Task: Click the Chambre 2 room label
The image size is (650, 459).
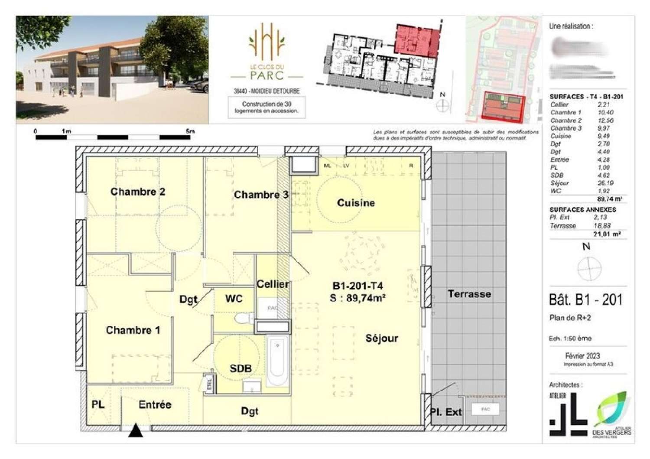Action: [138, 192]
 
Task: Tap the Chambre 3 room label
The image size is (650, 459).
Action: [261, 195]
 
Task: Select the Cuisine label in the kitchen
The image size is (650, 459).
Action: [356, 203]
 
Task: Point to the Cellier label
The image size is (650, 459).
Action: [273, 284]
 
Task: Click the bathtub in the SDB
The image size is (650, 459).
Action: [277, 361]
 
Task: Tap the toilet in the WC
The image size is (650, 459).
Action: [244, 319]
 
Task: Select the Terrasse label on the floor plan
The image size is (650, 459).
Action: [469, 294]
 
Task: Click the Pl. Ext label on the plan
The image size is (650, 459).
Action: [446, 412]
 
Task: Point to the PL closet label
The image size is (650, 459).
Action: [98, 404]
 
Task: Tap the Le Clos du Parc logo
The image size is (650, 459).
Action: [267, 52]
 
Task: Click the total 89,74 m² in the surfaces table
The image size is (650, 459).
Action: [609, 199]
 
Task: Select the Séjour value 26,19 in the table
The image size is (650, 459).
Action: [605, 183]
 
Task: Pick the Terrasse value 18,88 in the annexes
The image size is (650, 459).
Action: [602, 226]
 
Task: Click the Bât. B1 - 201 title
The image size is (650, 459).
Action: [585, 299]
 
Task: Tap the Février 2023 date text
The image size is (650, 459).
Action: [582, 356]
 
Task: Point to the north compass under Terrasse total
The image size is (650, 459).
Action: [589, 267]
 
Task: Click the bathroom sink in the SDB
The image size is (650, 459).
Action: [252, 386]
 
